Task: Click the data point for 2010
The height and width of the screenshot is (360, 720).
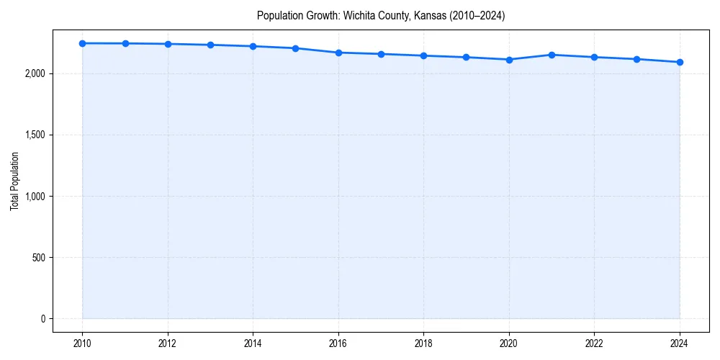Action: (x=82, y=43)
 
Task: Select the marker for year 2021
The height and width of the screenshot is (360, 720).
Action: (x=552, y=55)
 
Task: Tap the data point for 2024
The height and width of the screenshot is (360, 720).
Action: (x=680, y=62)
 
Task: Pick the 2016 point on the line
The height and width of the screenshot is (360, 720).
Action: (x=338, y=53)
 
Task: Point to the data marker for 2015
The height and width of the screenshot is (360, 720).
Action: (x=296, y=48)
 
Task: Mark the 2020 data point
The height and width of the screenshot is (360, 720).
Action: (x=509, y=60)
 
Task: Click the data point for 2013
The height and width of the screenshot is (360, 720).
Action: (x=210, y=45)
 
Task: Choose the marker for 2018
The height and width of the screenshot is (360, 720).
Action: (x=423, y=55)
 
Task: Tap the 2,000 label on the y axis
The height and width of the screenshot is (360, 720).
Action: (x=35, y=73)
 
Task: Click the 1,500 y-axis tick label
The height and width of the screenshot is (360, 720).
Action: (x=35, y=135)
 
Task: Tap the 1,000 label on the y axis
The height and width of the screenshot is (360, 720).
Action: (x=35, y=197)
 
